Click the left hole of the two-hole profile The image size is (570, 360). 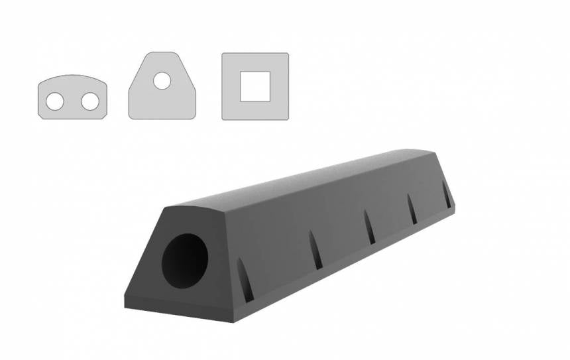point(55,101)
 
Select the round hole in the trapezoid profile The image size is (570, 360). point(162,81)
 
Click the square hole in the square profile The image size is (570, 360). point(255,86)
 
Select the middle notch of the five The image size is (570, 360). point(369,227)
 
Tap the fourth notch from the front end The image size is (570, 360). point(412,208)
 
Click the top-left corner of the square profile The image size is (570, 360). point(223,54)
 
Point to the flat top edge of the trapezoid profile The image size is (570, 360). point(162,53)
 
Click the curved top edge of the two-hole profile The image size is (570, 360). point(73,76)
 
